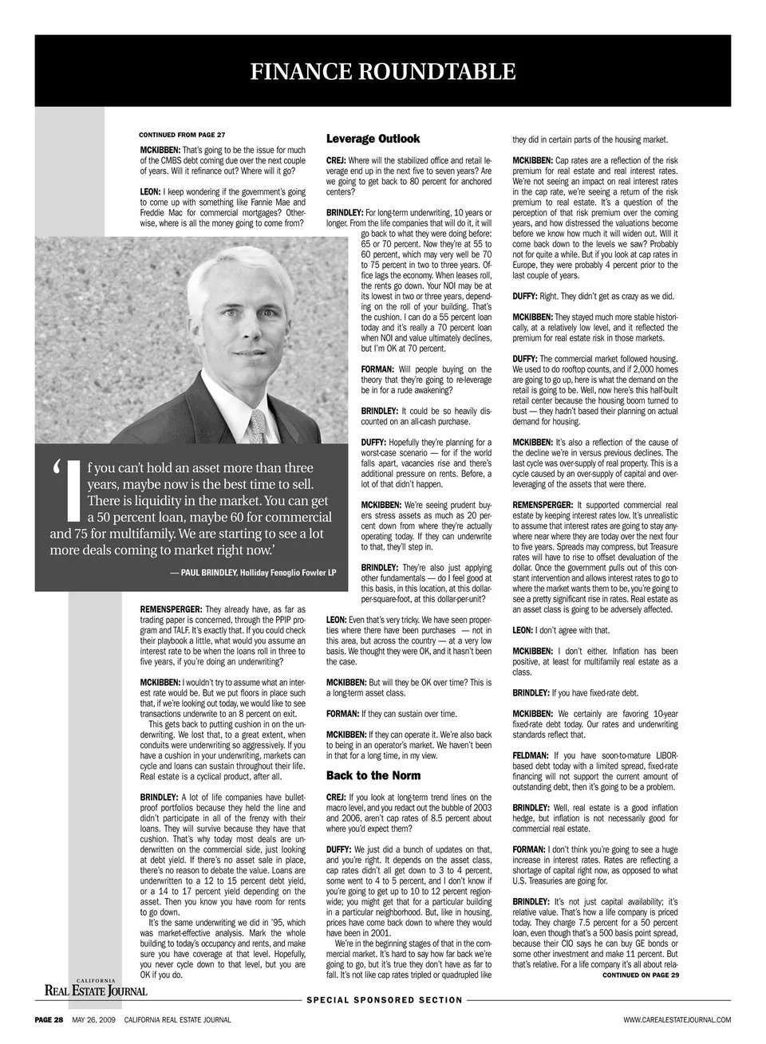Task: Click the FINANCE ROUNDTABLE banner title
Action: [x=383, y=73]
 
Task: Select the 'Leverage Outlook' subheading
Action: [x=373, y=139]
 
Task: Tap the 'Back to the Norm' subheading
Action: [x=373, y=775]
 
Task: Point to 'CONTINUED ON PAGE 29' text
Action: [x=640, y=975]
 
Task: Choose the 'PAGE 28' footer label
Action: [x=49, y=1020]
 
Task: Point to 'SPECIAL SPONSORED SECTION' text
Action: [x=385, y=1000]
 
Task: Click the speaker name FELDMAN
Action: [x=530, y=755]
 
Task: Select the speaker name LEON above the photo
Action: [x=150, y=192]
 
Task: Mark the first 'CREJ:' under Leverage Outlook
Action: [x=336, y=161]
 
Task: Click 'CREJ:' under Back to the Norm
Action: [x=336, y=797]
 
